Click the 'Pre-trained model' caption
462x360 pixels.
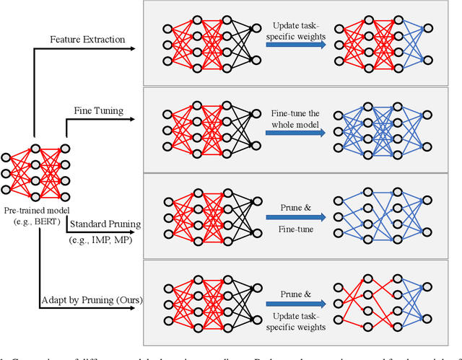35,209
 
